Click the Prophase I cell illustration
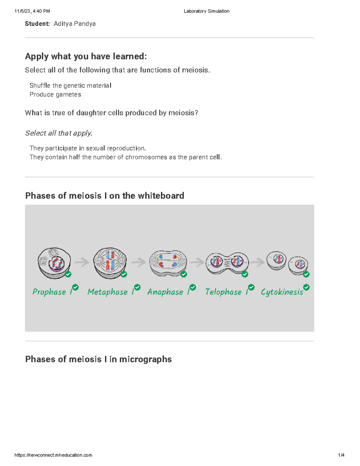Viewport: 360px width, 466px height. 54,263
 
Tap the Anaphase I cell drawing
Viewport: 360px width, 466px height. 168,263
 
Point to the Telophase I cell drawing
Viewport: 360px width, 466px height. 227,263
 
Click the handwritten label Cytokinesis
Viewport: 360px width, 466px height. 282,292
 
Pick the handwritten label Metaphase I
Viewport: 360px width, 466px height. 110,292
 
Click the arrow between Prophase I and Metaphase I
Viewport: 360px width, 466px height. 82,263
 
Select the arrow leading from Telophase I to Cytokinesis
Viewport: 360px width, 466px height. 257,263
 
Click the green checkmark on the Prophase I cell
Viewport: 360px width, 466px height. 68,274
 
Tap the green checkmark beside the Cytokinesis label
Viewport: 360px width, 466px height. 306,287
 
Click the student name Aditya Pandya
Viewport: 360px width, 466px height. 74,24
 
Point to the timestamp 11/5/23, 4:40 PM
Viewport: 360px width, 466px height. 32,11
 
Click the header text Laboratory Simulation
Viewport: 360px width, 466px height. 206,11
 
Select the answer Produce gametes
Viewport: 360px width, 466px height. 55,95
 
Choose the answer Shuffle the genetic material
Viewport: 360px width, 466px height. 70,86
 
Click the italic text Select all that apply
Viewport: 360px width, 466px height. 59,133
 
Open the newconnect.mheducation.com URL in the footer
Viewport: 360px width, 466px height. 53,455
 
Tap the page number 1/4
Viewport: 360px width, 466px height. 341,455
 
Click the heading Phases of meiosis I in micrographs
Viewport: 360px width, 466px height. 98,359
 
